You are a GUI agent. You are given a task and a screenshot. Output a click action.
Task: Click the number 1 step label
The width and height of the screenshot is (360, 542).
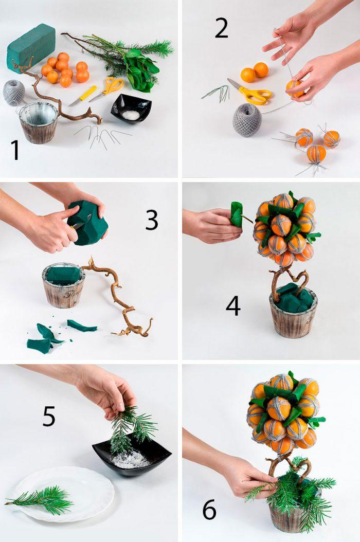point(15,151)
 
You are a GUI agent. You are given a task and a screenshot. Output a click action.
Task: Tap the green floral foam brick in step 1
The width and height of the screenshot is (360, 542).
point(31,46)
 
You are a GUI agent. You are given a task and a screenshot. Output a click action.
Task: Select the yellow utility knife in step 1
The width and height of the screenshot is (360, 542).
point(82,96)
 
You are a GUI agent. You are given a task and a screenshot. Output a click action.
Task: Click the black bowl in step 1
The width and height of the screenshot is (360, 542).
point(131,109)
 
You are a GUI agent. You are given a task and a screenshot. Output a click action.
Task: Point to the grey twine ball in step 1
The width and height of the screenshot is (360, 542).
point(14,93)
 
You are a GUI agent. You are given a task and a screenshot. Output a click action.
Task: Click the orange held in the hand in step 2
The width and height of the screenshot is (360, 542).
point(295,87)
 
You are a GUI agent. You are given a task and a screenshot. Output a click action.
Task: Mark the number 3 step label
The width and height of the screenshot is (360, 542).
point(151,220)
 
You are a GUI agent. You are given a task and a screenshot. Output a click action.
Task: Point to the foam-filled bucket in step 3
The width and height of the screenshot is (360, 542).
point(63,285)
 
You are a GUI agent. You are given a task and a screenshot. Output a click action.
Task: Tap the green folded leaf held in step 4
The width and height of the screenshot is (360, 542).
point(236,214)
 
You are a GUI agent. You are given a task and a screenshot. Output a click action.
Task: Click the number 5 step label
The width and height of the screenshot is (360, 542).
point(48,416)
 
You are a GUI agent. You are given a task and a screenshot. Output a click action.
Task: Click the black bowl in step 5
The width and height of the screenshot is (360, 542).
point(132,455)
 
